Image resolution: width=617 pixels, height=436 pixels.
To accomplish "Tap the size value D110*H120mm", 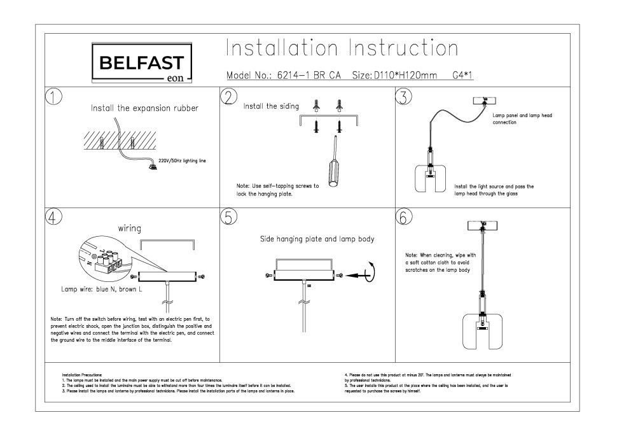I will click(406, 76).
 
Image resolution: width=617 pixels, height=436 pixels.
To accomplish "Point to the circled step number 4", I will click(53, 216).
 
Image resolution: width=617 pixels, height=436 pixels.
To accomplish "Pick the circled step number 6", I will click(403, 216).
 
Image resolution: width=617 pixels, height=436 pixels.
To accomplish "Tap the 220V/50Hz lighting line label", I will click(183, 161).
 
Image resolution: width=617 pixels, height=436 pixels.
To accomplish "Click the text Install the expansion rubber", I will click(144, 108).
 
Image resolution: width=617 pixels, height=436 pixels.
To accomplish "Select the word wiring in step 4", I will click(129, 228).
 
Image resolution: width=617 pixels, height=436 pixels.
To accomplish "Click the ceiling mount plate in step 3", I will click(485, 101).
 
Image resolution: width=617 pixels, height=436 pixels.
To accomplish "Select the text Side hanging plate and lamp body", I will click(317, 239).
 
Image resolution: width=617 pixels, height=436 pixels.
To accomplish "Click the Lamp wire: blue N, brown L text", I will click(102, 290).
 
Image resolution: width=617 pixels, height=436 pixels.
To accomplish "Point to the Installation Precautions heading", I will click(82, 376).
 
